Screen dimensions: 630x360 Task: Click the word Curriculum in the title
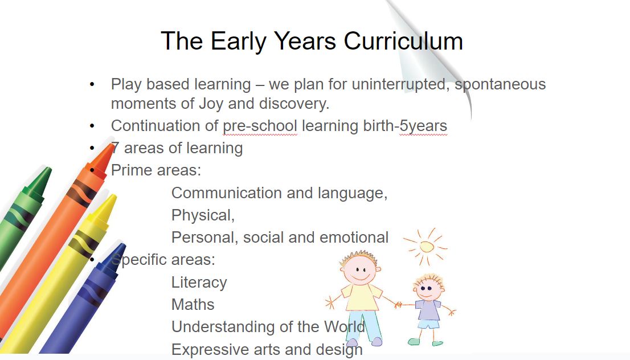pos(403,41)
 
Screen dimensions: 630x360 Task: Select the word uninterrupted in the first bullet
pos(400,84)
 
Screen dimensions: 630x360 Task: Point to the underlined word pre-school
pos(260,126)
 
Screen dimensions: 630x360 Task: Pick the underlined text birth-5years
pos(405,126)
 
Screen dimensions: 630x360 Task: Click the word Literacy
pos(199,283)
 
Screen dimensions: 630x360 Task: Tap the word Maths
pos(193,305)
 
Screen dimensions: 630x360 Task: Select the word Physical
pos(203,216)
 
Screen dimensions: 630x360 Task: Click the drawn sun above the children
pos(426,246)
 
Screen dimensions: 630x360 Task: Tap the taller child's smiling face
pos(359,269)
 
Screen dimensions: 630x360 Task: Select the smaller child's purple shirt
pos(428,310)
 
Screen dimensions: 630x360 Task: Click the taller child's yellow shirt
pos(361,297)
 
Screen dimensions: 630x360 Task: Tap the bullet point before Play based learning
pos(92,84)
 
